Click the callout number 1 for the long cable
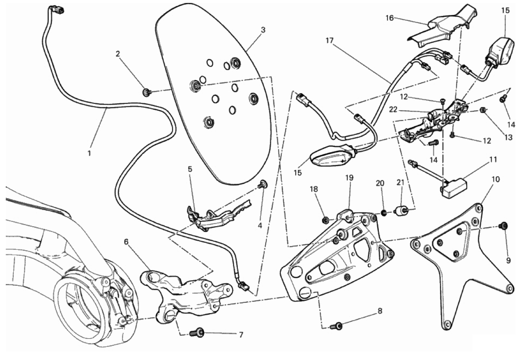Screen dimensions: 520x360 point(89,153)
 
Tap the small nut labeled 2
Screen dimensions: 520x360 point(147,92)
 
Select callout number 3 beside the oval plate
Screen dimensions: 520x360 point(263,30)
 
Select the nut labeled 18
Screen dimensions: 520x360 point(325,220)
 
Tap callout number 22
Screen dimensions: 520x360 point(393,109)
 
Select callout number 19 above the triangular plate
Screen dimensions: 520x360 point(349,178)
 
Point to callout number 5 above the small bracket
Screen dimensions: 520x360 point(190,169)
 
